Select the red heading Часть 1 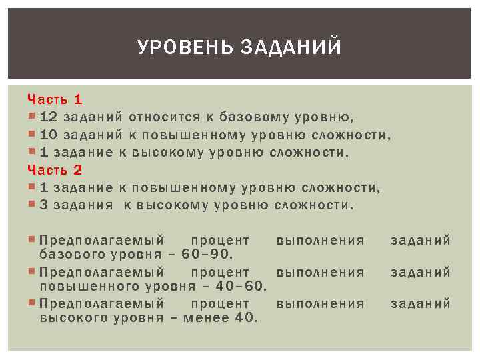[x=55, y=99]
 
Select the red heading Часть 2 [x=55, y=170]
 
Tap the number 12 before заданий [x=49, y=117]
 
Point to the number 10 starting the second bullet [x=49, y=135]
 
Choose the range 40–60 [x=240, y=286]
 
